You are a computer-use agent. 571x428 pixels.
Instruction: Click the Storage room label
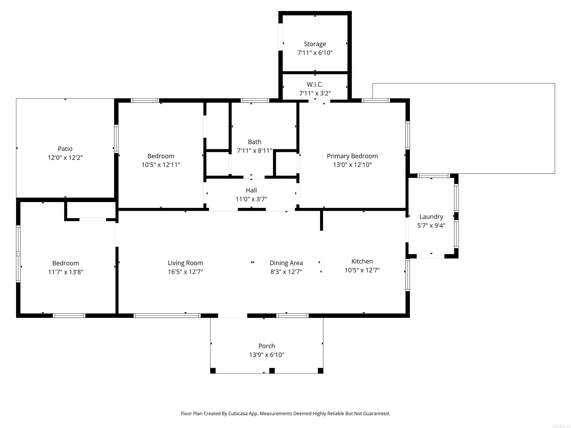(315, 44)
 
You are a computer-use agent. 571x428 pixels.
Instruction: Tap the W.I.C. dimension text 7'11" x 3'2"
(315, 93)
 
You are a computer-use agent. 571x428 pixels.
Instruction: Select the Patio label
(65, 149)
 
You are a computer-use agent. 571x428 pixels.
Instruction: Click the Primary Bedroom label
(352, 156)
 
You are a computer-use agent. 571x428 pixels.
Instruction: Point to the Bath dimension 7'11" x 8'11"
(254, 151)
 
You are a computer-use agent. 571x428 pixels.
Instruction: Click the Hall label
(251, 190)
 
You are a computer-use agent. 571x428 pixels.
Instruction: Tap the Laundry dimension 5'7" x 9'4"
(431, 226)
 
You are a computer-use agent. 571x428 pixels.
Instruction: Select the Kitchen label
(362, 261)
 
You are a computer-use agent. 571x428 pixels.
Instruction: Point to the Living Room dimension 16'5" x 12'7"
(185, 272)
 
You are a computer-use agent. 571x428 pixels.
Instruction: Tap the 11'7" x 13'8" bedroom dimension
(66, 272)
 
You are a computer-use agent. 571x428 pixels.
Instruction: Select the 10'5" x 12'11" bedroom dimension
(161, 165)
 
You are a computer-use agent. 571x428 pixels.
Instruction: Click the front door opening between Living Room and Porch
(233, 315)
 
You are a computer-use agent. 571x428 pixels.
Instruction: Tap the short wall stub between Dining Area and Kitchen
(321, 221)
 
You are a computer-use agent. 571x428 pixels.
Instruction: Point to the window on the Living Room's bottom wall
(167, 315)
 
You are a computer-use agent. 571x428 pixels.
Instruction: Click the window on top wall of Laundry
(433, 176)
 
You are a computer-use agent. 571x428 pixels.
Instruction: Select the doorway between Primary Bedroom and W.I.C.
(319, 101)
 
